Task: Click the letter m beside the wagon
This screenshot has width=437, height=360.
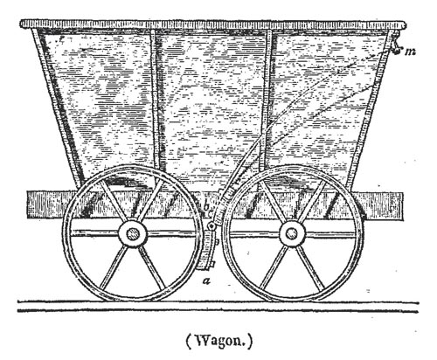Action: (x=410, y=52)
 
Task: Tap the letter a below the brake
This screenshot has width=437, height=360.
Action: (x=206, y=280)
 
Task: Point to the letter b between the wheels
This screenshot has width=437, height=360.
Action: (x=206, y=206)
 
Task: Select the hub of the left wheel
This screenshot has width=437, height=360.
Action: (x=132, y=234)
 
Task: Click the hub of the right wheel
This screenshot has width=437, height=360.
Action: (x=292, y=233)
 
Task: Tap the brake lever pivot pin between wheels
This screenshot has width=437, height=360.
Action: (x=212, y=226)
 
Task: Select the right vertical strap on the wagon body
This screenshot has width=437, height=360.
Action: (x=267, y=99)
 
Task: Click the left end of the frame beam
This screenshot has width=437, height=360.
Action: (x=27, y=204)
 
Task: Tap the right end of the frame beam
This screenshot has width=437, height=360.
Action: (x=403, y=206)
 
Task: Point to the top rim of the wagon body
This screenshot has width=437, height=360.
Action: (x=213, y=24)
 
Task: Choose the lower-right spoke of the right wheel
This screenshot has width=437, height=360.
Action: (x=311, y=267)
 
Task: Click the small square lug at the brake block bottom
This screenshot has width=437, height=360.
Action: (x=212, y=264)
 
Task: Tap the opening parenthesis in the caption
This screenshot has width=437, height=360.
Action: (x=189, y=342)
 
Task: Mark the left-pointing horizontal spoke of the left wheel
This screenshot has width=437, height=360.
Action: (x=94, y=233)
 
